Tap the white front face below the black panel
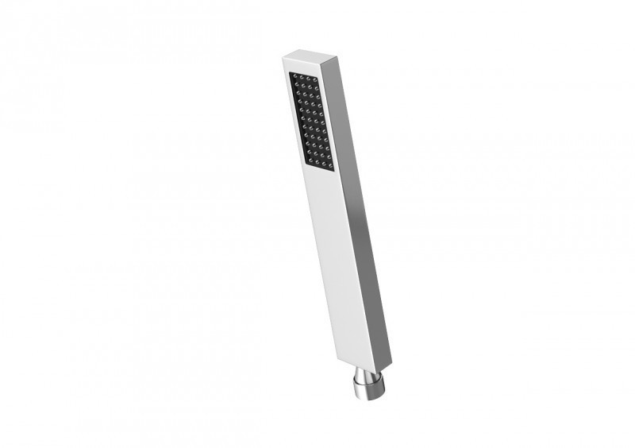[333, 254]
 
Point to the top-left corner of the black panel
[291, 72]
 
